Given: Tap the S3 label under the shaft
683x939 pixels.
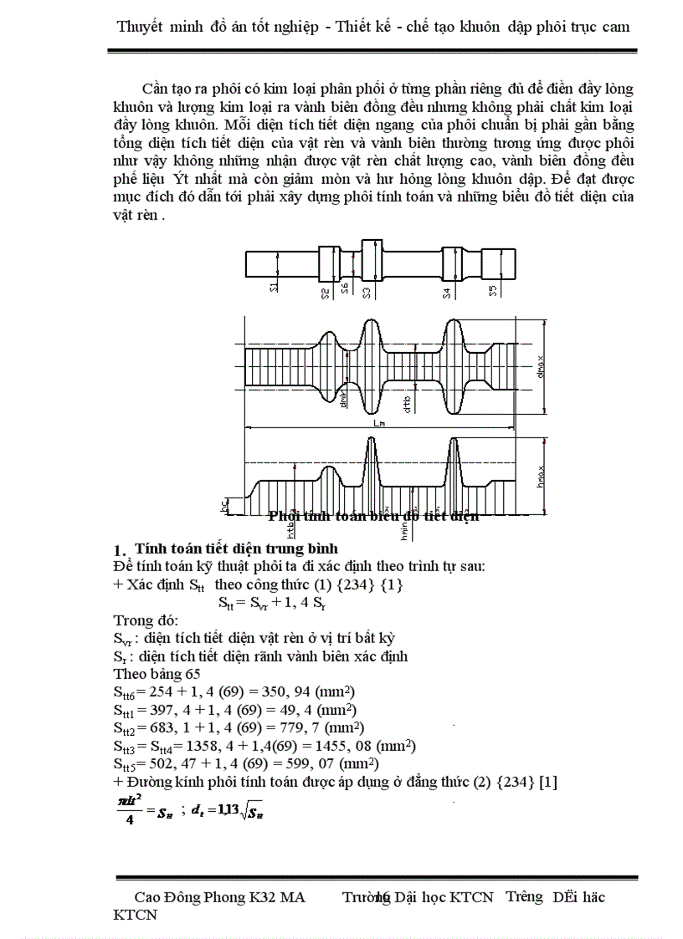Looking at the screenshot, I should click(367, 291).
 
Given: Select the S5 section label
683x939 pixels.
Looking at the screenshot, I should click(494, 291).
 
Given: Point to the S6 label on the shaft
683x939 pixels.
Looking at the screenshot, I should click(344, 289).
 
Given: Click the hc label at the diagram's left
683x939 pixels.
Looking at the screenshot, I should click(223, 506).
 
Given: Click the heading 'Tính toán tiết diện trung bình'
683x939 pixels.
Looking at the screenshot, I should click(236, 549).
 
